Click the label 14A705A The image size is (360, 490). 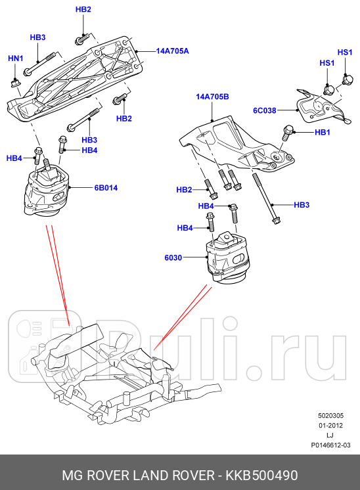[x=172, y=51]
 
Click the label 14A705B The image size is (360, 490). [x=212, y=97]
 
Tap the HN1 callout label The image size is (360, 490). [x=15, y=59]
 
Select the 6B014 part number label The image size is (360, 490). [x=105, y=188]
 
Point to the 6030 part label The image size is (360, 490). [x=173, y=258]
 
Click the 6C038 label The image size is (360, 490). [x=265, y=110]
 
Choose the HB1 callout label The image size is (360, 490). [x=322, y=133]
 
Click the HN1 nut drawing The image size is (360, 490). [x=16, y=81]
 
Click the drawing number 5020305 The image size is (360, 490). [x=330, y=416]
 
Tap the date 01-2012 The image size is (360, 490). [x=330, y=426]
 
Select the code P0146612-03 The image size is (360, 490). [x=330, y=445]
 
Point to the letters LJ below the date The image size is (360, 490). [x=330, y=435]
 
